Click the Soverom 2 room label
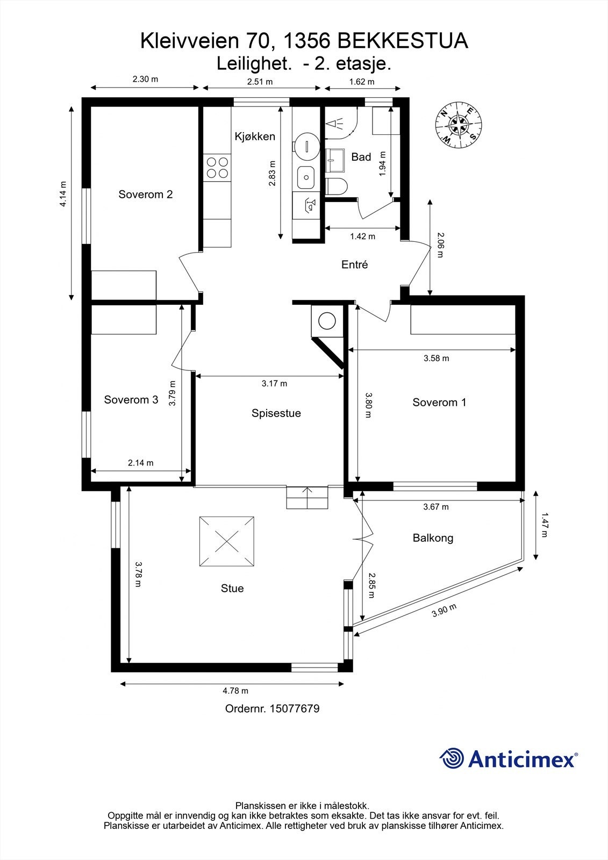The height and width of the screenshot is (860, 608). pos(146,194)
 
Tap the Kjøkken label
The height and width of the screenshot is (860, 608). pos(255,137)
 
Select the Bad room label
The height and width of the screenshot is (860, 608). pos(361,156)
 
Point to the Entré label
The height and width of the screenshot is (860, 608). pos(354,264)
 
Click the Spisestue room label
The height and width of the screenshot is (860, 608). pos(276,413)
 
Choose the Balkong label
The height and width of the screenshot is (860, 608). pos(433,538)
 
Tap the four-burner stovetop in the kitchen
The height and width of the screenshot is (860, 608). pos(217,168)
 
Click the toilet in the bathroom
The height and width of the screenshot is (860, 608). pos(337,187)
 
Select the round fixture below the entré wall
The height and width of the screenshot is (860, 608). pos(327,321)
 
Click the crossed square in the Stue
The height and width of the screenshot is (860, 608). pos(227,541)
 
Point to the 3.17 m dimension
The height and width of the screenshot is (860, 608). pos(274,383)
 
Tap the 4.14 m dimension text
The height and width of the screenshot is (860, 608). pos(63,194)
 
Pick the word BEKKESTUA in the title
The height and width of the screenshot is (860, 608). pos(403,41)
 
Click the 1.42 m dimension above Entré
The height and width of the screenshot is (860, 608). pos(362,236)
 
